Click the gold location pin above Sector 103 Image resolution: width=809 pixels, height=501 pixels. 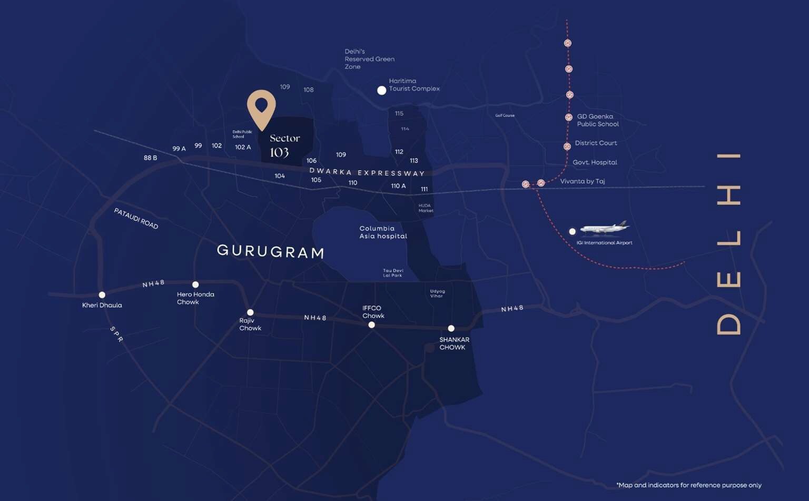coord(261,107)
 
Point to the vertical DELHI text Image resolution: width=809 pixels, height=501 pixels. coord(729,244)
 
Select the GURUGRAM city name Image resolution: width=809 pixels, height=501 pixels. coord(271,251)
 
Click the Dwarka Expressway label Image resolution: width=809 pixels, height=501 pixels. coord(367,172)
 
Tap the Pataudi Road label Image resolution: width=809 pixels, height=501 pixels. coord(136,218)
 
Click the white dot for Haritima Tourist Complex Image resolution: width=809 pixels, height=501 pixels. coord(382,91)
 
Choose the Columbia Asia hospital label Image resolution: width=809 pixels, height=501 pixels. coord(383,232)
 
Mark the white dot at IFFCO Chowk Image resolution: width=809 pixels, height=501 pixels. coord(372,325)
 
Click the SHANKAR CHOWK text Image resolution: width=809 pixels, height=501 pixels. coord(453,343)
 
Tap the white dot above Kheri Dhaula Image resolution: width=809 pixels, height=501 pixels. coord(102,295)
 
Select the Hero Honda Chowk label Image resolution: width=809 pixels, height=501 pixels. coord(195,298)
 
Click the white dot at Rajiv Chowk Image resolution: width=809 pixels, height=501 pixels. coord(250,312)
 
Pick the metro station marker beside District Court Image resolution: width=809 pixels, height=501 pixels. coord(567,146)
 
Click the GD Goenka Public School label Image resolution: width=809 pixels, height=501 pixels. coord(597,120)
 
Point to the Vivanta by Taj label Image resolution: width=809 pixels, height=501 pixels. coord(582,181)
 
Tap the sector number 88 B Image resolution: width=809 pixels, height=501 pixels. coord(150,158)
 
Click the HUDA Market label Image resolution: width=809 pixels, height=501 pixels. coord(426,208)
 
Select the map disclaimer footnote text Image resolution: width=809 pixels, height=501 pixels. coord(688,485)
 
